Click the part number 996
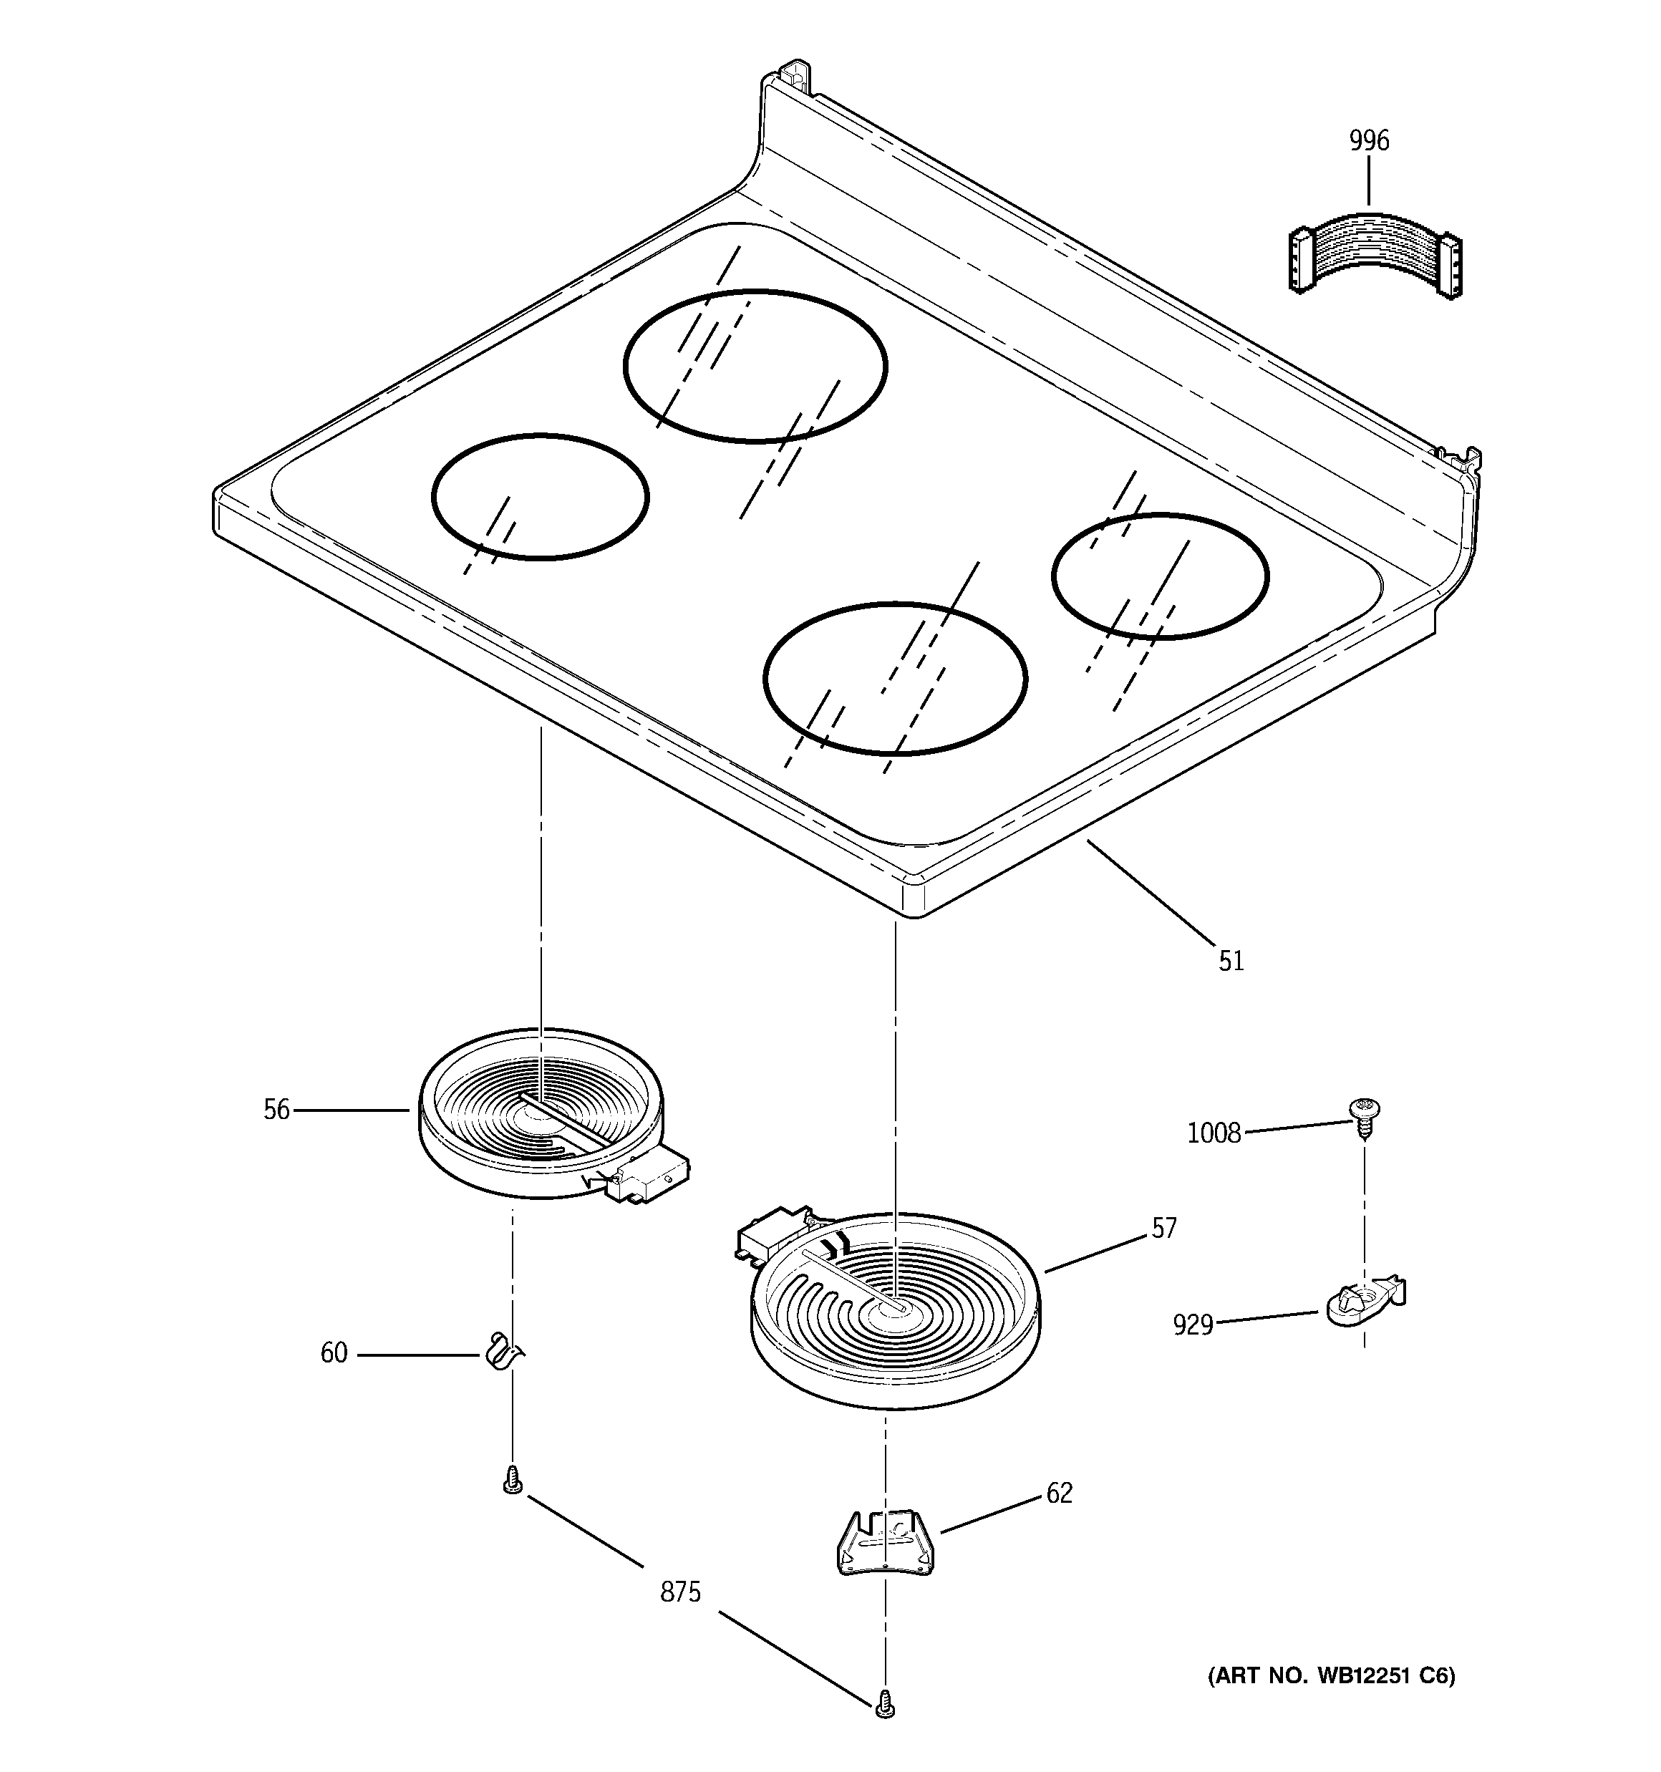pyautogui.click(x=1369, y=142)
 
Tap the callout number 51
pyautogui.click(x=1231, y=961)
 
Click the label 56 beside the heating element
pyautogui.click(x=276, y=1110)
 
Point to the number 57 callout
pyautogui.click(x=1163, y=1229)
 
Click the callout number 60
pyautogui.click(x=334, y=1353)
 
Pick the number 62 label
pyautogui.click(x=1059, y=1493)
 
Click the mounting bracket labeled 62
pyautogui.click(x=884, y=1542)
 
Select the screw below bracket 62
pyautogui.click(x=884, y=1703)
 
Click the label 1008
pyautogui.click(x=1214, y=1133)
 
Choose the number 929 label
pyautogui.click(x=1193, y=1325)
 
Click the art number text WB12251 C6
pyautogui.click(x=1331, y=1677)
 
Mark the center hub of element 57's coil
pyautogui.click(x=893, y=1307)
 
